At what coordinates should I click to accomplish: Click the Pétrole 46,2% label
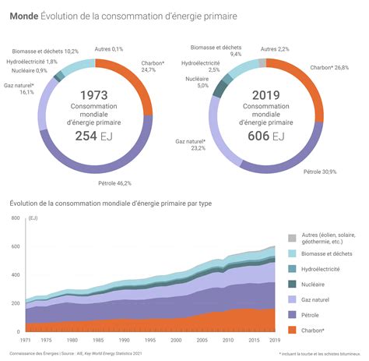[x=114, y=183]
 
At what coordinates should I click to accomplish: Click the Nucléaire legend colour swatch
[x=293, y=284]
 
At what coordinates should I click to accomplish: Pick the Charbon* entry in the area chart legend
[x=315, y=330]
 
